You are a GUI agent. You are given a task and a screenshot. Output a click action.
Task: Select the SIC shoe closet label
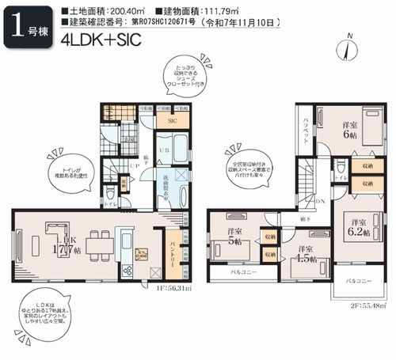pyautogui.click(x=172, y=121)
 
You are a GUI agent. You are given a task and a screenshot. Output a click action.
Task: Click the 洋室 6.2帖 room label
pyautogui.click(x=357, y=227)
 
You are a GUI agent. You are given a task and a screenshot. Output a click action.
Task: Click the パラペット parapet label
pyautogui.click(x=307, y=131)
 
